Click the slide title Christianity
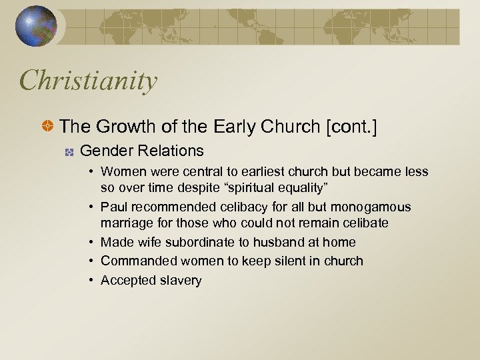point(89,81)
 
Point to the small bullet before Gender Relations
point(68,152)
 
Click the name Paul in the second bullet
point(113,207)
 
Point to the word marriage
point(125,222)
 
